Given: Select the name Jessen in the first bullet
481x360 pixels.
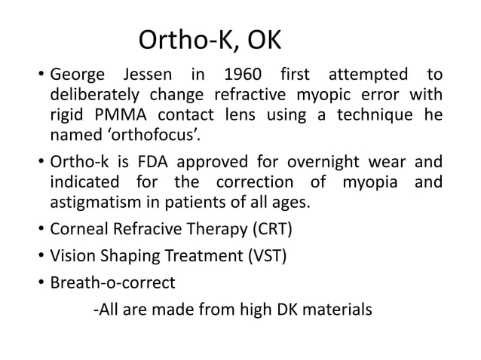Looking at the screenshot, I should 141,76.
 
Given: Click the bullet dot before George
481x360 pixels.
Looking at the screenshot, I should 36,77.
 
